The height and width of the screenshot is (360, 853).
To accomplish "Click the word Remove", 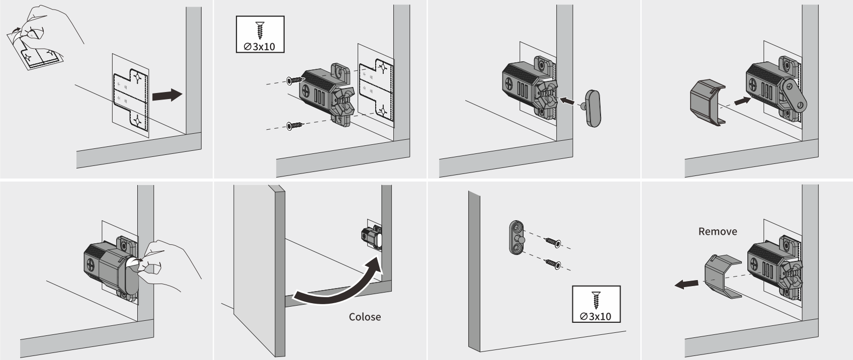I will tap(717, 231).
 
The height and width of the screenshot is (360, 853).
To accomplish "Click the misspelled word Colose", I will tap(365, 317).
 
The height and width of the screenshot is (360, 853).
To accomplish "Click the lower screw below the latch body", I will tap(295, 125).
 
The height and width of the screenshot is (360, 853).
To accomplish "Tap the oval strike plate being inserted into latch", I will tap(593, 108).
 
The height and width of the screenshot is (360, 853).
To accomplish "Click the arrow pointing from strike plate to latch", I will tap(568, 101).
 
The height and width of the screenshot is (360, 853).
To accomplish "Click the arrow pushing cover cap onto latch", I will tap(741, 101).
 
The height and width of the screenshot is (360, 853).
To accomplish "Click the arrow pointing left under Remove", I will tap(686, 285).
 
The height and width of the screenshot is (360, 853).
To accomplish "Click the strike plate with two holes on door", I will tap(516, 238).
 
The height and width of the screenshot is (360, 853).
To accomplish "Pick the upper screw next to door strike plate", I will tap(553, 243).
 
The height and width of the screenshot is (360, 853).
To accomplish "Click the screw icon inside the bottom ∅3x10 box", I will tap(596, 300).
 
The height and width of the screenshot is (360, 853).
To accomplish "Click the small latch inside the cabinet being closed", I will tap(372, 237).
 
